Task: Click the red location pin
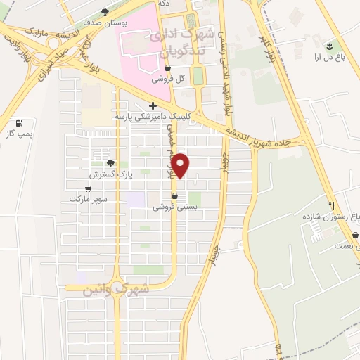pyautogui.click(x=181, y=165)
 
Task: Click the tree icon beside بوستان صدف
pyautogui.click(x=105, y=11)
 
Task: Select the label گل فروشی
pyautogui.click(x=167, y=79)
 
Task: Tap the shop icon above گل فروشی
pyautogui.click(x=167, y=69)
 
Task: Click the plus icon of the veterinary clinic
pyautogui.click(x=153, y=105)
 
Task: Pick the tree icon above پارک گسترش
pyautogui.click(x=110, y=162)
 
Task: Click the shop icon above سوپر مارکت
pyautogui.click(x=88, y=188)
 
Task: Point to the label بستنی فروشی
pyautogui.click(x=174, y=207)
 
